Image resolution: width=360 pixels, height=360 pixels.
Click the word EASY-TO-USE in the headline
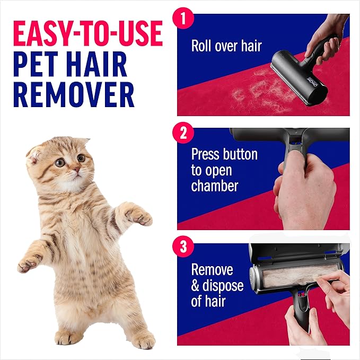[87, 33]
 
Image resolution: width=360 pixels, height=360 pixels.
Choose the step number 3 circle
[183, 246]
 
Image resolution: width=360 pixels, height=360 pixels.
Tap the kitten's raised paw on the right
[139, 215]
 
